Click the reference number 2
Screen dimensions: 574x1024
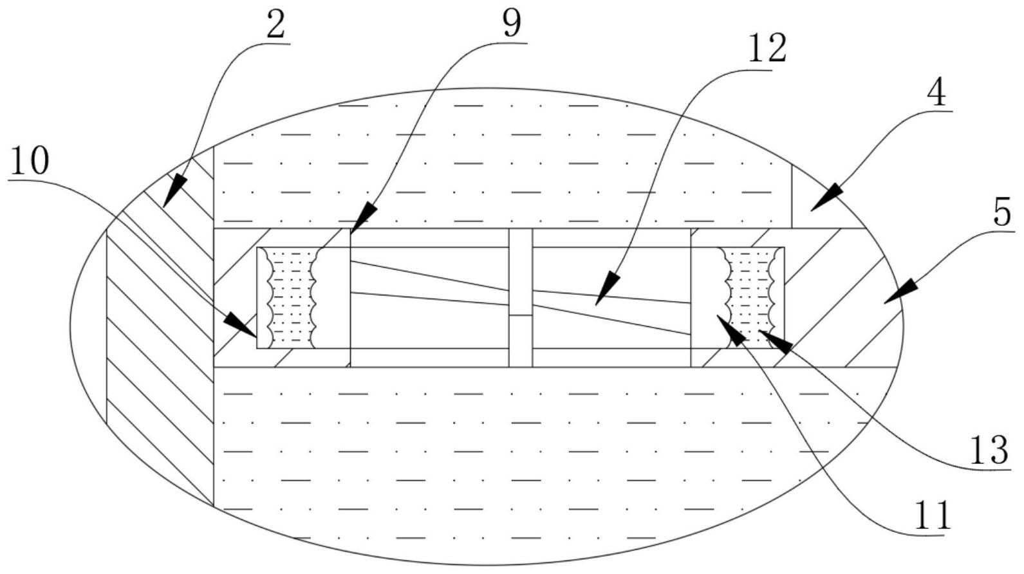(275, 26)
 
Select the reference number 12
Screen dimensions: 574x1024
(767, 50)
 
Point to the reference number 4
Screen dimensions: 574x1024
(936, 93)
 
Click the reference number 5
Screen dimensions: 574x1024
(1001, 212)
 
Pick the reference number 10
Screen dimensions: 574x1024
(30, 162)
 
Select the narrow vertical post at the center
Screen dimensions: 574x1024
(521, 298)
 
